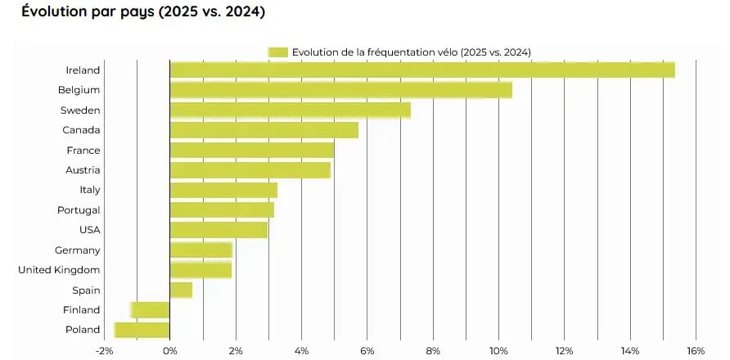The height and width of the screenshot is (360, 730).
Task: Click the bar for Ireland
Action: [x=421, y=70]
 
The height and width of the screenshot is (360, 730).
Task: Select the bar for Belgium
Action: [x=340, y=90]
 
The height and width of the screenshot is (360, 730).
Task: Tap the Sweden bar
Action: [x=290, y=110]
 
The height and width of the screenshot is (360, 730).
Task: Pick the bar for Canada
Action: [x=264, y=130]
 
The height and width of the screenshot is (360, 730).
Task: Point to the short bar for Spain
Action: [x=181, y=290]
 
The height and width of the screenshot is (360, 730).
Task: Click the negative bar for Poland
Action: [x=142, y=330]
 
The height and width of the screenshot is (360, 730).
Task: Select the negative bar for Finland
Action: [x=150, y=310]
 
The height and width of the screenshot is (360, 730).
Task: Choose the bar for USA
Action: [x=219, y=230]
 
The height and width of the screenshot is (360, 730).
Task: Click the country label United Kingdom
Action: [x=59, y=270]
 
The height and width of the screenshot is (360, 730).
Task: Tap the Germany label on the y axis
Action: [x=77, y=250]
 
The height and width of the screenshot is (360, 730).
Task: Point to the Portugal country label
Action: [x=78, y=210]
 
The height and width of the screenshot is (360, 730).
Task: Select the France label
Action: [x=83, y=151]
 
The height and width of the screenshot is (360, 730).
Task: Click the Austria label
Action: [x=83, y=170]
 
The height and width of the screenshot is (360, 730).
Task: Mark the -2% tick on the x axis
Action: [x=104, y=351]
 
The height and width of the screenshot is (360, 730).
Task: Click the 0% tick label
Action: [x=169, y=351]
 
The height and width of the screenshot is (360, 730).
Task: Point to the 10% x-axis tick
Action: [x=498, y=351]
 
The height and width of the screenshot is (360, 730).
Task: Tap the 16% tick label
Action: [x=696, y=351]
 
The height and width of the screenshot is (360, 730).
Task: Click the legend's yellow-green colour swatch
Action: [x=277, y=52]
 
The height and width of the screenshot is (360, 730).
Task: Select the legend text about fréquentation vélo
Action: [x=412, y=52]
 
